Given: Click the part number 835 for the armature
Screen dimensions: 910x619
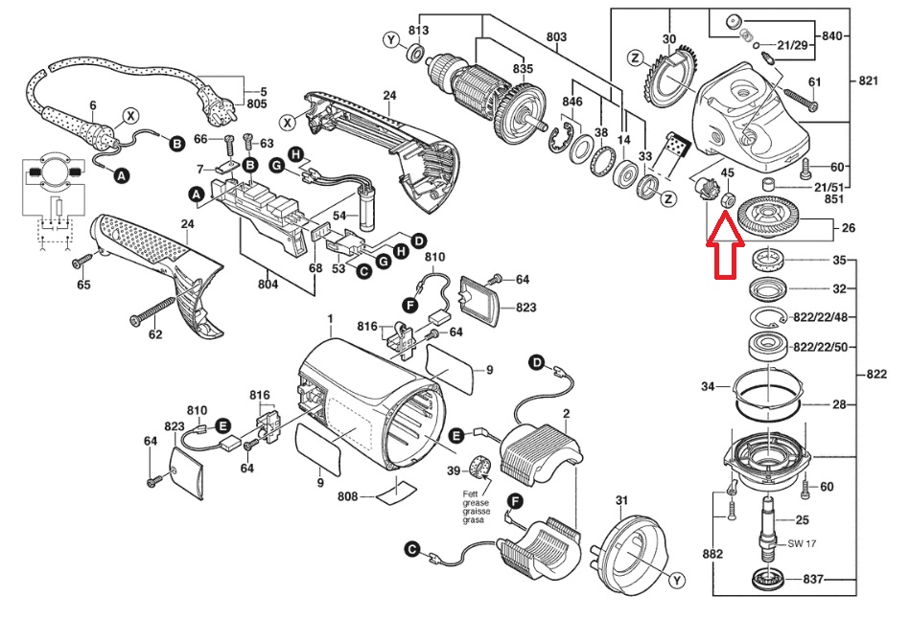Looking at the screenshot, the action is [523, 69].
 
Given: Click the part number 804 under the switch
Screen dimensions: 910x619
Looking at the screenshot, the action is [268, 285].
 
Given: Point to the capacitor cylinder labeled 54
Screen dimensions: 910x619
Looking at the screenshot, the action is [368, 213].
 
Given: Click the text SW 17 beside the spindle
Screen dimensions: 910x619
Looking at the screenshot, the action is [802, 543].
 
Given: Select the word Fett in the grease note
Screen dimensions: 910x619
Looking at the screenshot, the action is [470, 494].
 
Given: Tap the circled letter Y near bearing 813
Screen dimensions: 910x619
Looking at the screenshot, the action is [392, 40].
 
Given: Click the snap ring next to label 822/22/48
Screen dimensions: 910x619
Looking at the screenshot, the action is [768, 318].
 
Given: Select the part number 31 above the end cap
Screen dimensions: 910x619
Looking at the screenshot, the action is [621, 500].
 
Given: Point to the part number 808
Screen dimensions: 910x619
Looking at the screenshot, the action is [349, 496].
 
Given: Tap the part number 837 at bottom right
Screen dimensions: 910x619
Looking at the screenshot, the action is [814, 579].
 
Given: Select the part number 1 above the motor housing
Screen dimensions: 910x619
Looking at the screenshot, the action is [330, 318].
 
